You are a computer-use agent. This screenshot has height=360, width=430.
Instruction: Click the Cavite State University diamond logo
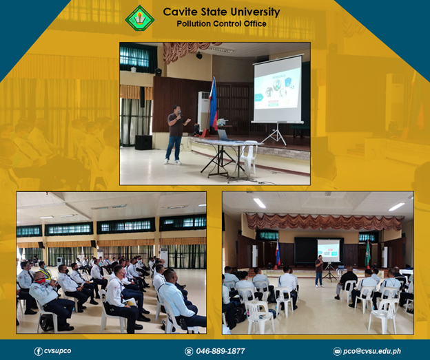[140, 19]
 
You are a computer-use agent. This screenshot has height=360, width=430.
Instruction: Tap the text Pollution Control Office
[221, 24]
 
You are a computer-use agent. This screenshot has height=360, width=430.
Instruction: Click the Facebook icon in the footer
[38, 351]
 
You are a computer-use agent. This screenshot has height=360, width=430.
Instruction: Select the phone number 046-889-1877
[221, 351]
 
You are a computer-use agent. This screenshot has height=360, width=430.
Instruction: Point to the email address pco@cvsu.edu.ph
[372, 351]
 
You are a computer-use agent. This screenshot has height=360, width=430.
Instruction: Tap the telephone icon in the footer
[189, 351]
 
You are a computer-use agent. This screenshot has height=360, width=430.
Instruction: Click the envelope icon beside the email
[337, 351]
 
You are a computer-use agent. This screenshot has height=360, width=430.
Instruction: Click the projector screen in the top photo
[278, 89]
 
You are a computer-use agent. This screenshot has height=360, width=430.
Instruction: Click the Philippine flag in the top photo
[214, 104]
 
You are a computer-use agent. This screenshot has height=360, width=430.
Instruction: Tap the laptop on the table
[225, 135]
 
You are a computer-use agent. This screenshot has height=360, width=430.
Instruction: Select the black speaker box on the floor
[143, 142]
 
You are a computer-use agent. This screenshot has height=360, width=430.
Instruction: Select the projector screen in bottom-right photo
[329, 251]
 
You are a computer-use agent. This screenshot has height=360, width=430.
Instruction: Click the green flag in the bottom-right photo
[367, 253]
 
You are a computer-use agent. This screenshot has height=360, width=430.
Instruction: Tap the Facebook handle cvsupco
[57, 351]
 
